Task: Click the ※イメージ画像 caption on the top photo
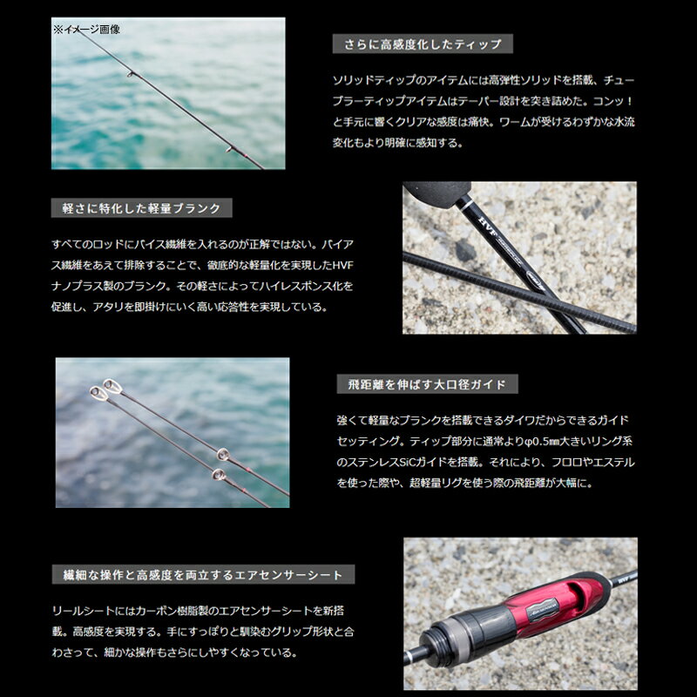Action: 87,29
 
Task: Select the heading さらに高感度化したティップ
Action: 423,44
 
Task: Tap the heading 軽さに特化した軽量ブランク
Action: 142,208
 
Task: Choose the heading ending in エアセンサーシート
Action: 203,574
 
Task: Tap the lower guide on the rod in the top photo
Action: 230,150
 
